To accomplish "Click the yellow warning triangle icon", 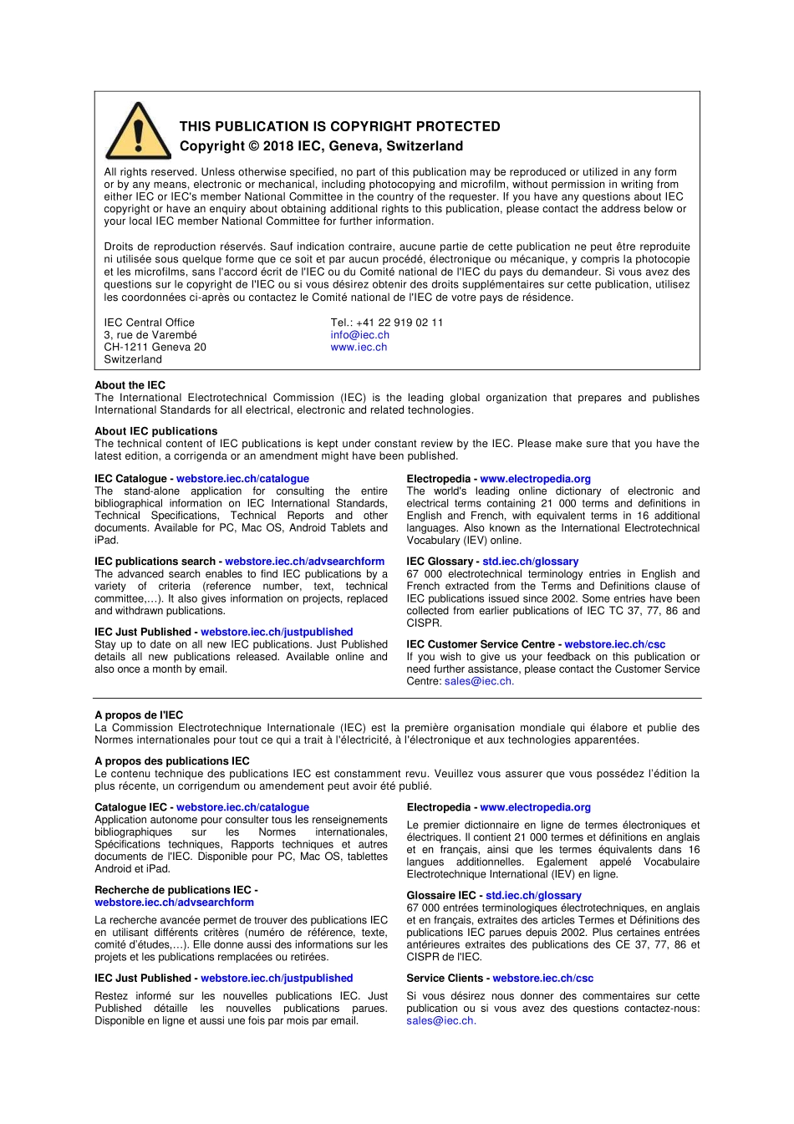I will point(138,132).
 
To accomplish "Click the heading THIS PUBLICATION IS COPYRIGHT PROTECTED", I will point(339,126).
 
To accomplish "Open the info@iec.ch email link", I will point(359,335).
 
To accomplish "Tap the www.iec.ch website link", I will point(359,348).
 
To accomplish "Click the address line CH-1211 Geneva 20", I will point(155,347).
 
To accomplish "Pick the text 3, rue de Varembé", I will point(150,335).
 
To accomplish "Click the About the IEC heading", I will point(130,385).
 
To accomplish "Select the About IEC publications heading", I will point(155,431).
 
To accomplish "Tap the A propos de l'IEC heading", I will point(139,715).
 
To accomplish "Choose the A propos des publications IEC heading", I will point(171,761).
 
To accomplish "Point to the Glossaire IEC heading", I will point(441,895).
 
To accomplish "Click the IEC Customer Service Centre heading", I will point(481,644).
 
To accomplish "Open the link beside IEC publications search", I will point(304,562).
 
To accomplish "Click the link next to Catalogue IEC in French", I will point(242,807).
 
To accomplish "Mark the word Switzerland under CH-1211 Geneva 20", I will point(133,359).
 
